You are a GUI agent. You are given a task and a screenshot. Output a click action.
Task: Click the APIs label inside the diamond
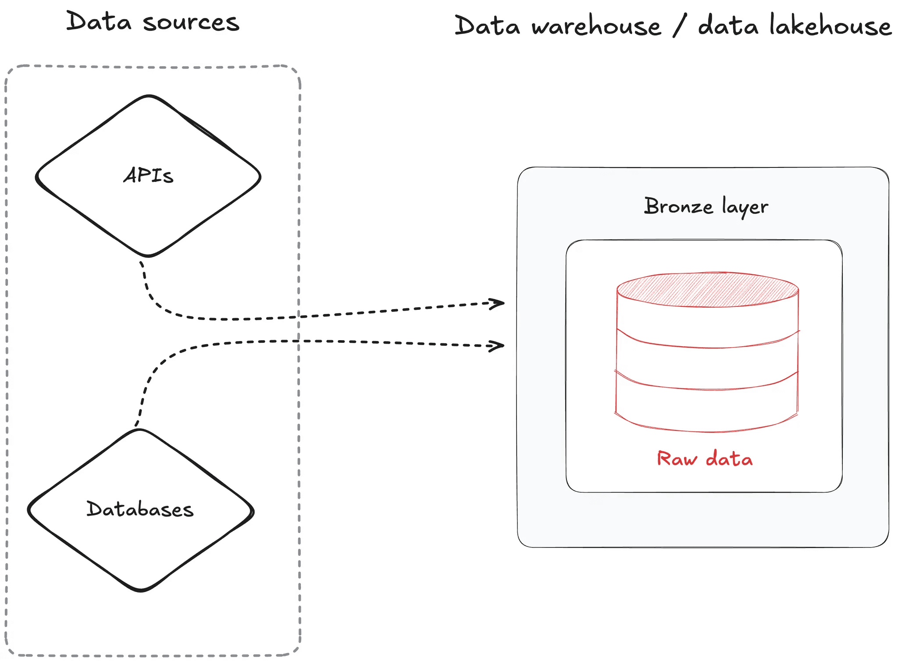(148, 175)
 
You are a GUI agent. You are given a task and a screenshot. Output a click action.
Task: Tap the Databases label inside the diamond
(140, 509)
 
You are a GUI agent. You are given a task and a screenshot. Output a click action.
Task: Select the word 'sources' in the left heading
(191, 22)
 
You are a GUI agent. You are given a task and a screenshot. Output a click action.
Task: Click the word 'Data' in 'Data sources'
(99, 21)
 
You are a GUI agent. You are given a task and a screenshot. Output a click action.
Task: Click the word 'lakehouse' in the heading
(830, 25)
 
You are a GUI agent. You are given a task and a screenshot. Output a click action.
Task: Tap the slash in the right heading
(679, 25)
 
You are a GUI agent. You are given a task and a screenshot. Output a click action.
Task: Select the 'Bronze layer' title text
(706, 206)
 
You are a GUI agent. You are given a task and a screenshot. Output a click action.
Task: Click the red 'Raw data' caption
(705, 459)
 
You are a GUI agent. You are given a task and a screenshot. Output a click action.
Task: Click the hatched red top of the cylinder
(707, 289)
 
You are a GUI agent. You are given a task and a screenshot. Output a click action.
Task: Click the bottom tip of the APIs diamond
(148, 255)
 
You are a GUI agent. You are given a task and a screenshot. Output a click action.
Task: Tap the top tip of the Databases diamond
(140, 430)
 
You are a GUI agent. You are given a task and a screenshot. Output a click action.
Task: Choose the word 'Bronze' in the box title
(678, 206)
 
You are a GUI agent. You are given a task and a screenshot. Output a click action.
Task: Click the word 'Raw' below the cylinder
(677, 459)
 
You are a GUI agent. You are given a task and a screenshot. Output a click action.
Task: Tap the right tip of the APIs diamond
(260, 177)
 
